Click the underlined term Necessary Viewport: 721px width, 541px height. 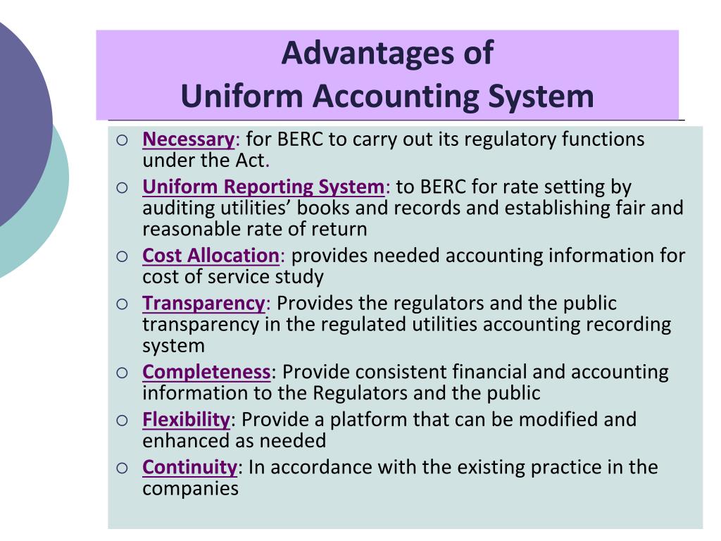(188, 139)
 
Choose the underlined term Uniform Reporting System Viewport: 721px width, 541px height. (264, 187)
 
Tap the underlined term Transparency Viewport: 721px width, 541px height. (203, 304)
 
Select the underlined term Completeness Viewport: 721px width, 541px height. (207, 372)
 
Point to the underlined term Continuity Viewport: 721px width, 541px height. (189, 467)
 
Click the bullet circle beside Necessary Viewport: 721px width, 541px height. (123, 141)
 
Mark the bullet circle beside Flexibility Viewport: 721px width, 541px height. (123, 421)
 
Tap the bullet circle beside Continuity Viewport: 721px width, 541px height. (123, 468)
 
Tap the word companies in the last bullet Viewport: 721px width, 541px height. (191, 488)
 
